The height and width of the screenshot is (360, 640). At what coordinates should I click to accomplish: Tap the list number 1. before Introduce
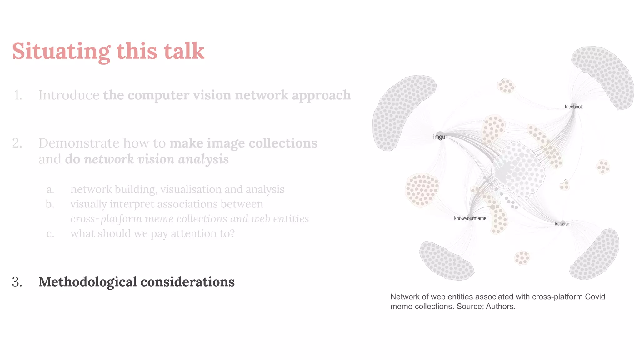[x=18, y=95]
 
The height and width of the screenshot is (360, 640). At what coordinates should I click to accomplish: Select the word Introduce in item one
[x=69, y=95]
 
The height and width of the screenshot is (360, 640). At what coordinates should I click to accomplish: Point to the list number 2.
[x=17, y=143]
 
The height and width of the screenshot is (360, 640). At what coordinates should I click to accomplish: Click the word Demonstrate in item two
[x=79, y=143]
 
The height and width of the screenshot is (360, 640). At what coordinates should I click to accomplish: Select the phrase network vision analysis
[x=156, y=159]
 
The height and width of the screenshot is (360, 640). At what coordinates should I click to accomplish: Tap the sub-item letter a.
[x=50, y=189]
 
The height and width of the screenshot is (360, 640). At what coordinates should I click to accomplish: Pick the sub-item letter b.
[x=50, y=204]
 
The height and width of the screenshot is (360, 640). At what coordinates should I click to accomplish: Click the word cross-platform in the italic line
[x=106, y=219]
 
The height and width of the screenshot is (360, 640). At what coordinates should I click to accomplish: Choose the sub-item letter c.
[x=50, y=233]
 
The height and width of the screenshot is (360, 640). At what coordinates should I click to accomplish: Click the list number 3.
[x=17, y=282]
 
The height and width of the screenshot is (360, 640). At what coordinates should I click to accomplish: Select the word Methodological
[x=87, y=282]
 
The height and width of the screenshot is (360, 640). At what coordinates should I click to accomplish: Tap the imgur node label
[x=440, y=137]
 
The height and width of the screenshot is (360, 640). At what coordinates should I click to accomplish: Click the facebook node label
[x=573, y=107]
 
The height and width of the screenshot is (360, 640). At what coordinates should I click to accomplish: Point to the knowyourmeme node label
[x=470, y=218]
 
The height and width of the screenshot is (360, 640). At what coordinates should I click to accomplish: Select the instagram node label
[x=562, y=224]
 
